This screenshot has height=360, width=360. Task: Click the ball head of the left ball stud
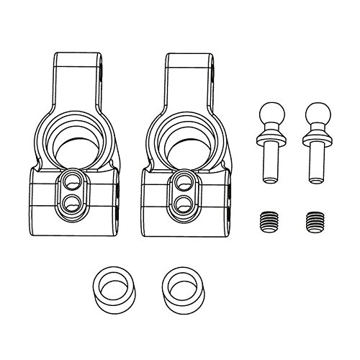(x=269, y=114)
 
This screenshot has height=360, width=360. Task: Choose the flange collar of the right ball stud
(x=315, y=137)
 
